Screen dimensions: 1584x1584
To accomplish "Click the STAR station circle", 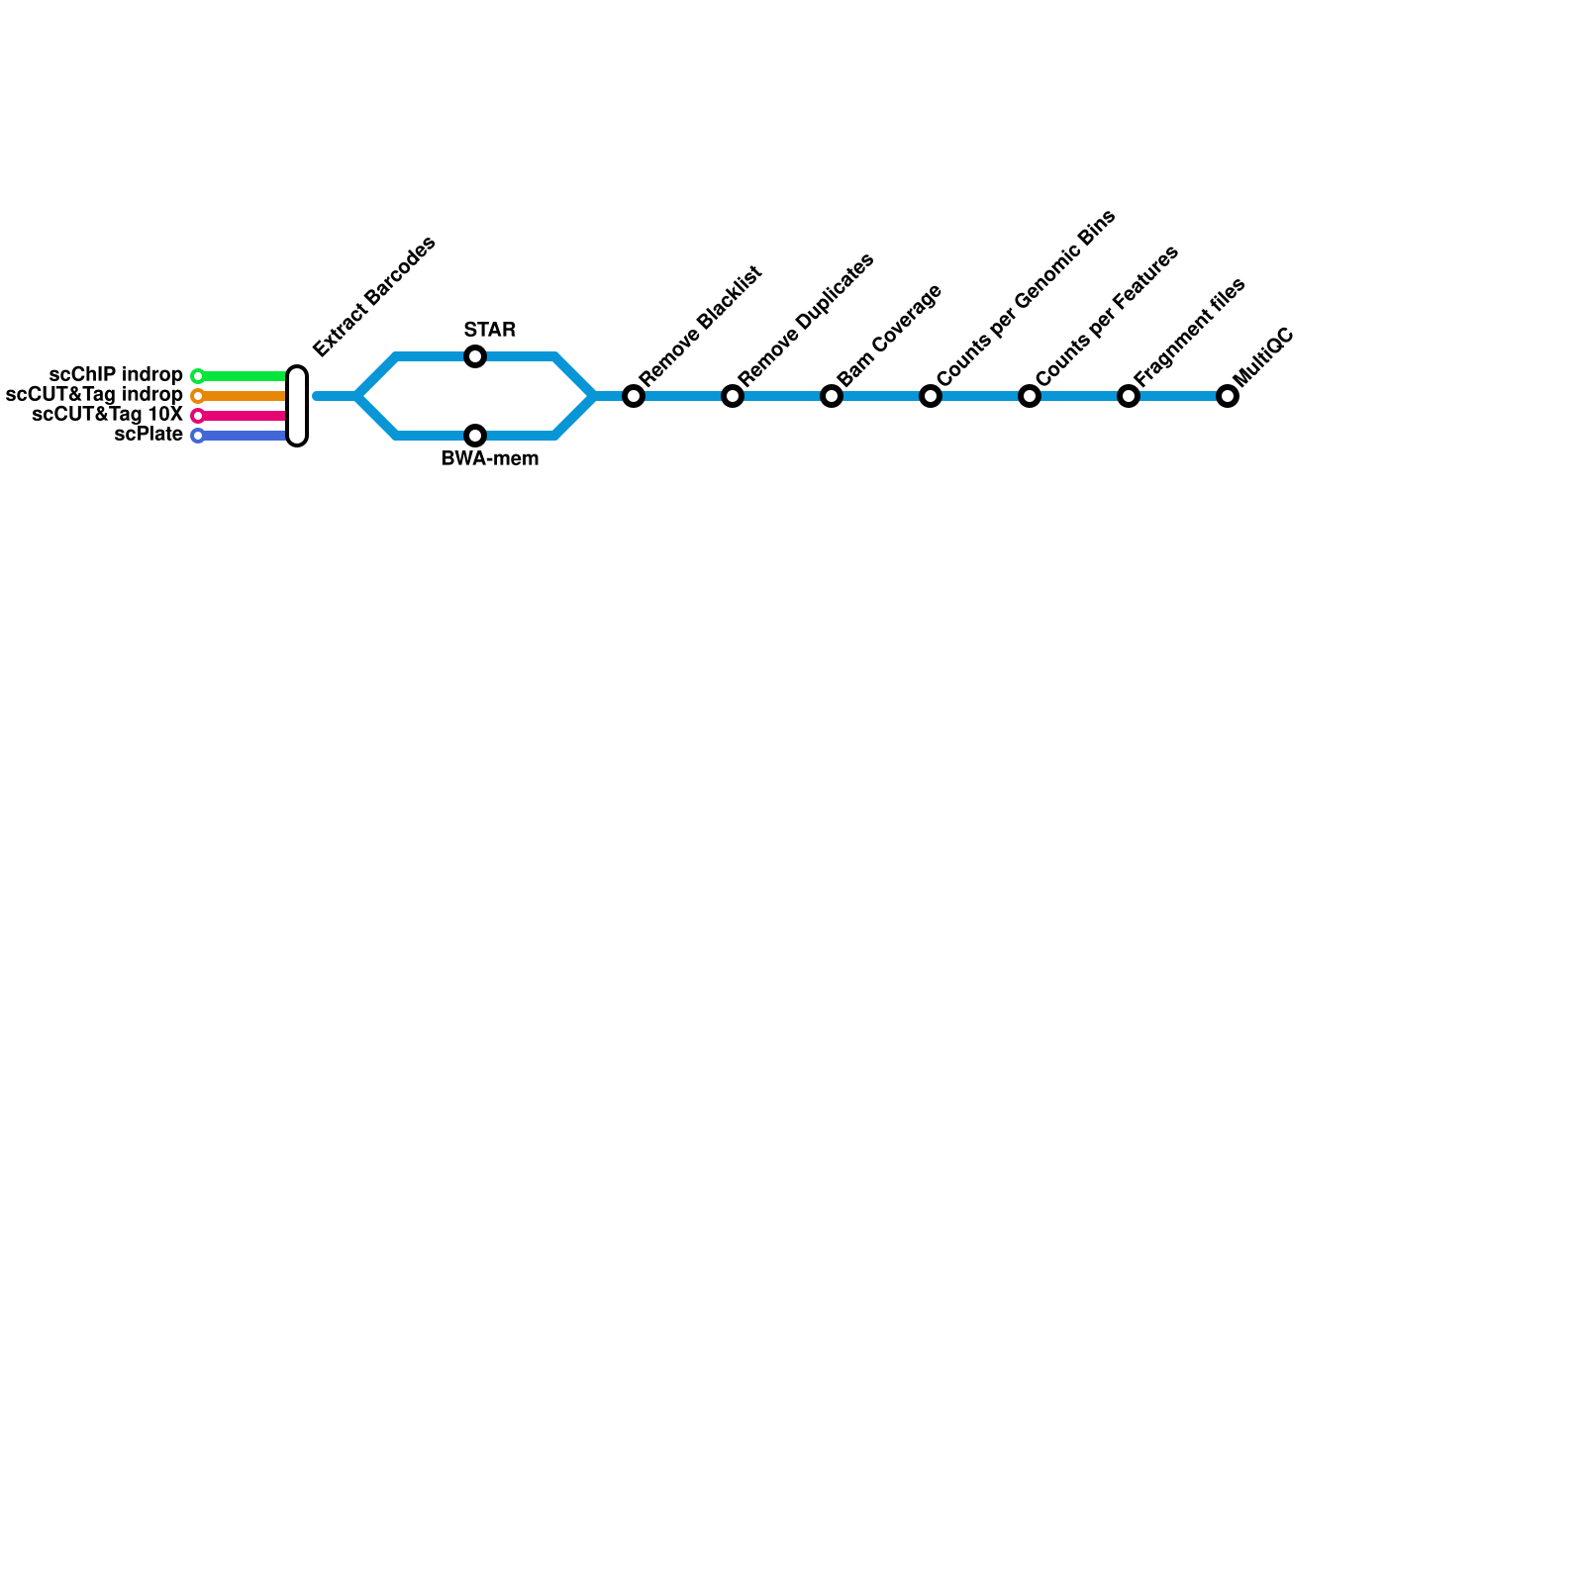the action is click(x=475, y=356).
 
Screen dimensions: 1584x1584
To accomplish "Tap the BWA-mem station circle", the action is click(x=475, y=436).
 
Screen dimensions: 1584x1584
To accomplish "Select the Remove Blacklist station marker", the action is click(x=634, y=396).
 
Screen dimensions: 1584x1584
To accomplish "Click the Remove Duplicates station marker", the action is click(x=733, y=396).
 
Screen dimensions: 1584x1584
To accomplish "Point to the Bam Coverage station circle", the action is click(x=832, y=396).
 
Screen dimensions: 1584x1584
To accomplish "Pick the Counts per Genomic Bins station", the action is click(x=931, y=396).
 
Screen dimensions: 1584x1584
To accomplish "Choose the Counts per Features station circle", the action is click(x=1030, y=396).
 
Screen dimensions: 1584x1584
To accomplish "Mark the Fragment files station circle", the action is click(x=1129, y=396).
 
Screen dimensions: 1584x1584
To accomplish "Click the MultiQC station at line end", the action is click(x=1228, y=396).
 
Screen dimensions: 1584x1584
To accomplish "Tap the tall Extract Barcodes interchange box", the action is click(x=297, y=406).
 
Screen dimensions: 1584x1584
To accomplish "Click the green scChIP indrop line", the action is click(x=244, y=376).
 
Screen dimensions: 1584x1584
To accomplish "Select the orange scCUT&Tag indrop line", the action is click(x=244, y=396).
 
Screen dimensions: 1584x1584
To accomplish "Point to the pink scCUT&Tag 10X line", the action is click(x=244, y=416).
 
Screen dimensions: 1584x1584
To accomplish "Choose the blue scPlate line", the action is click(x=244, y=436).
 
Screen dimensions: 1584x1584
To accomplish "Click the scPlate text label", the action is click(x=148, y=435).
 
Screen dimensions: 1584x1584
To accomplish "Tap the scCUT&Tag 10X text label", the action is click(x=107, y=415).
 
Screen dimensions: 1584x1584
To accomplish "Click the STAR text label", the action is click(x=489, y=330).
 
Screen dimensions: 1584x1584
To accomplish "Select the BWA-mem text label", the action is click(x=489, y=459).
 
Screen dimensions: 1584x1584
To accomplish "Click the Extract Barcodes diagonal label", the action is click(x=374, y=296).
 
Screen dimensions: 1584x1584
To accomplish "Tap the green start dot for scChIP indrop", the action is click(x=198, y=376).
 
